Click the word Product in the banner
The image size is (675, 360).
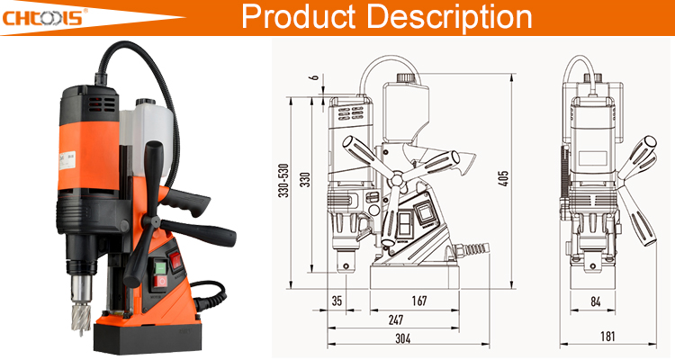click(x=298, y=16)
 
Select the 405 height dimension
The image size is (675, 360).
click(x=503, y=179)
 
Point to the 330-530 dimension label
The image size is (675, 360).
click(x=283, y=180)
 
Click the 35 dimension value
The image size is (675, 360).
click(x=337, y=300)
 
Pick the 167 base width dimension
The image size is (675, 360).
click(x=419, y=300)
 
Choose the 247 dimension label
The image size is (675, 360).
click(x=396, y=319)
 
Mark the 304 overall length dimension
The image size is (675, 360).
click(x=403, y=338)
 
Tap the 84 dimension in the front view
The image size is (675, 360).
click(x=596, y=301)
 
